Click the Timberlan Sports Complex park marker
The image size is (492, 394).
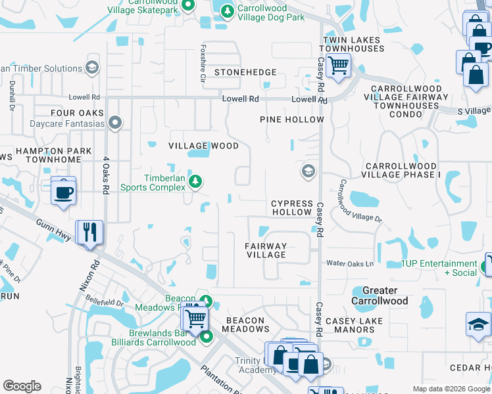coord(195,181)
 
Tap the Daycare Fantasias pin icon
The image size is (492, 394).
coord(116,123)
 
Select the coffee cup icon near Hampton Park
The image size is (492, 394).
coord(63,191)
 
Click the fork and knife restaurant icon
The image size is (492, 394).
coord(89,232)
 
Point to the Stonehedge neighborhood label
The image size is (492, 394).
coord(245,72)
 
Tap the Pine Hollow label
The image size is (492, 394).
coord(292,120)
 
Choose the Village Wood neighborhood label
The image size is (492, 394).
coord(203,146)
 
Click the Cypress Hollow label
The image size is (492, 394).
coord(292,208)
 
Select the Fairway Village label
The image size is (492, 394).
coord(266,250)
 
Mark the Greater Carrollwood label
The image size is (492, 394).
coord(380,295)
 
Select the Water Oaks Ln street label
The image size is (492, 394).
coord(350,264)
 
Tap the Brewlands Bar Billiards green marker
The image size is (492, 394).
coord(207,337)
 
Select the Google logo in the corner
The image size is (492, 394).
coord(22,386)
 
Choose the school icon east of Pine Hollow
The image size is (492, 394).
coord(307,172)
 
